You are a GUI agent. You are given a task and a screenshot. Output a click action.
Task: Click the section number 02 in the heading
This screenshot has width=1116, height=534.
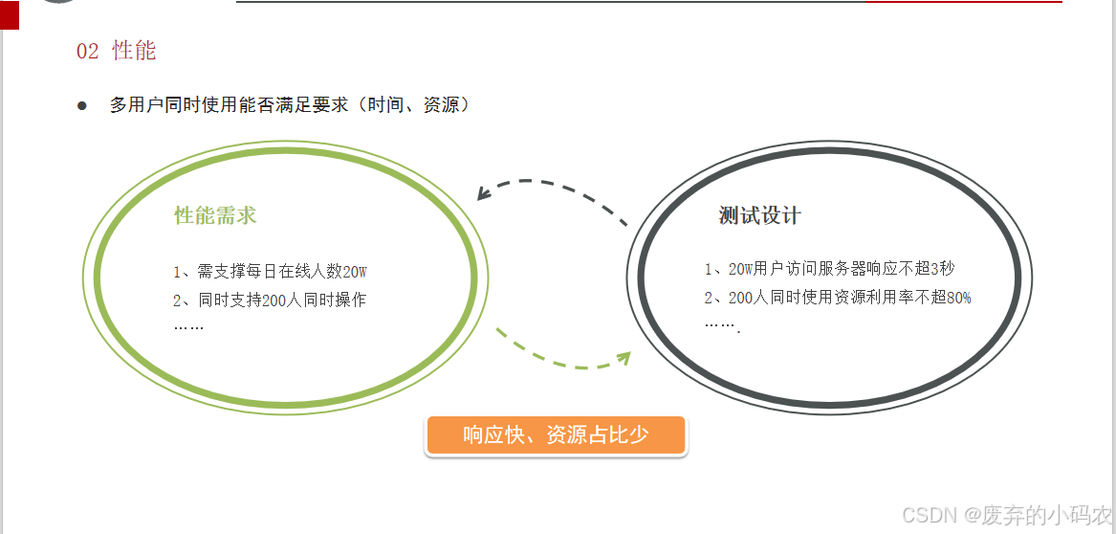pos(87,52)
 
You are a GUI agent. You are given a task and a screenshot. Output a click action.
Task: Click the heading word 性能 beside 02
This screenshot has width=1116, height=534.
pos(134,51)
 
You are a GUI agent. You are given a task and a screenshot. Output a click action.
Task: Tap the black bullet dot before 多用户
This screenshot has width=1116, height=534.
pos(82,105)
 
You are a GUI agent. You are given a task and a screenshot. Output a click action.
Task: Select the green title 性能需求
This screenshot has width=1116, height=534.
pos(215,215)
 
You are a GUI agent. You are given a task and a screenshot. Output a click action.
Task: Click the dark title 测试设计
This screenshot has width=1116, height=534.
pos(759,215)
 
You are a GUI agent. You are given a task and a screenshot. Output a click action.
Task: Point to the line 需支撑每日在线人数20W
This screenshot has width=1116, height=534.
pos(270,272)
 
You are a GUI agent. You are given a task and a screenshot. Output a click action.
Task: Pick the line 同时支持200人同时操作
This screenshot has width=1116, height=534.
pos(270,300)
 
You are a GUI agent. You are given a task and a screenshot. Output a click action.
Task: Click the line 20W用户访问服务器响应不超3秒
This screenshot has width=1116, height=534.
pos(829,269)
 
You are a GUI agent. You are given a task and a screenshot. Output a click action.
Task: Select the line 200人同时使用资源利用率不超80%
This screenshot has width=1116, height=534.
pos(838,298)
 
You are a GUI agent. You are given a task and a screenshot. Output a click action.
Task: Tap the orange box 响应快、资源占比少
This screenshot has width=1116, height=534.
pos(556,435)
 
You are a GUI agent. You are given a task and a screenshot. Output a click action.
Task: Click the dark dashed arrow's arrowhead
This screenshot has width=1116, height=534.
pos(484,195)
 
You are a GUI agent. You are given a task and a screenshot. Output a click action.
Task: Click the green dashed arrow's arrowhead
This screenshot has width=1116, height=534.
pos(624,358)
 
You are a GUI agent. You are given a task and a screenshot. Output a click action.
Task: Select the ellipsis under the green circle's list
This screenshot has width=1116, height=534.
pos(188,326)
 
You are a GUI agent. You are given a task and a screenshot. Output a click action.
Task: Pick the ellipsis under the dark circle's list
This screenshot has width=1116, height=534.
pos(722,324)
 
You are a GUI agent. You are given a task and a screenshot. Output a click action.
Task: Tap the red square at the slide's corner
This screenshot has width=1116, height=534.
pos(9,14)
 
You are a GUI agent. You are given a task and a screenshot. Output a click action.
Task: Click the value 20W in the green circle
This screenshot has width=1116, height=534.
pos(355,272)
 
